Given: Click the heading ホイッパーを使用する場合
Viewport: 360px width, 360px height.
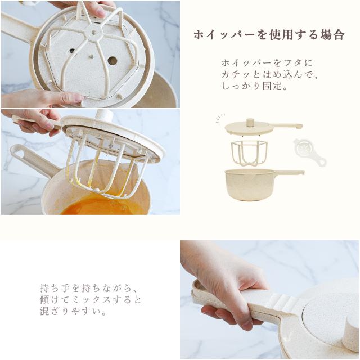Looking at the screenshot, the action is click(x=269, y=35).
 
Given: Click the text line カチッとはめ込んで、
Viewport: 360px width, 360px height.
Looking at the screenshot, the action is click(x=269, y=75).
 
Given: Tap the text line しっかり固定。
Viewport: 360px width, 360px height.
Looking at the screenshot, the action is click(x=255, y=86).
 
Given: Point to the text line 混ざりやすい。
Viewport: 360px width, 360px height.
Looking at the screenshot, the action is click(x=73, y=311).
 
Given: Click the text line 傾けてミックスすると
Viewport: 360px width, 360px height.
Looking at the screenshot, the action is click(x=90, y=300).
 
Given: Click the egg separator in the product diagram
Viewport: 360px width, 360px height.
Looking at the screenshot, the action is click(x=310, y=151).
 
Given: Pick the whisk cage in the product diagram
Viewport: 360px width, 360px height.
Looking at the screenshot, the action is click(x=249, y=152).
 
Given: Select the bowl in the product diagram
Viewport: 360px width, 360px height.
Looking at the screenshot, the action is click(x=264, y=184).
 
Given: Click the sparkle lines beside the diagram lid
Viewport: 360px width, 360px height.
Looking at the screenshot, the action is click(x=220, y=118).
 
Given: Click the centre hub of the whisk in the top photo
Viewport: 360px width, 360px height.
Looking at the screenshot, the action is click(x=94, y=33).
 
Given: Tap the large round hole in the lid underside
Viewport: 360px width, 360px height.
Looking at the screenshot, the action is click(x=112, y=61).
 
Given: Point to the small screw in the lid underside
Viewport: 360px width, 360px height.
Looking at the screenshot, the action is click(x=92, y=55).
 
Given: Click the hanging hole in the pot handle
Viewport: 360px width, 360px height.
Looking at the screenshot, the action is click(x=21, y=153).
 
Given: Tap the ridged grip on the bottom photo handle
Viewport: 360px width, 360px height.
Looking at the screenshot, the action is click(x=282, y=300).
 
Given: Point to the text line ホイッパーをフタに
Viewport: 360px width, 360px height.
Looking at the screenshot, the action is click(x=267, y=63).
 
